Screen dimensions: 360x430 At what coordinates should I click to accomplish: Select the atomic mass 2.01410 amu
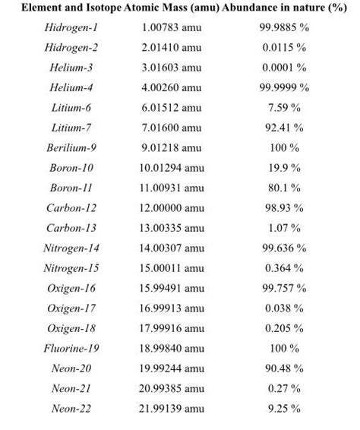[171, 47]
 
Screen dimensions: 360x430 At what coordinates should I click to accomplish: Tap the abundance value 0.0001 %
[285, 68]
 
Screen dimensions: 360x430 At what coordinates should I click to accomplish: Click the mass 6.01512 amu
[171, 108]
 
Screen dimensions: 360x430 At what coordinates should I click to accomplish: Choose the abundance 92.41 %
[285, 128]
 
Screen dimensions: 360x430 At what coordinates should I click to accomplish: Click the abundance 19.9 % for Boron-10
[285, 167]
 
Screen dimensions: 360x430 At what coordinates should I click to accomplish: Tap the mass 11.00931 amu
[171, 188]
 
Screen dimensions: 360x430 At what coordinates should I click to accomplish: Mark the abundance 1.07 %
[285, 228]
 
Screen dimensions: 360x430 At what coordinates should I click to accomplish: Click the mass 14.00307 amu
[171, 248]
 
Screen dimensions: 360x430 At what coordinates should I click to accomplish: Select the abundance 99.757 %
[285, 288]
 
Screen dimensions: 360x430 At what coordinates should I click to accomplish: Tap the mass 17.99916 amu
[171, 328]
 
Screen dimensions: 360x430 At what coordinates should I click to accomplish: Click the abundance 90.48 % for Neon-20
[285, 368]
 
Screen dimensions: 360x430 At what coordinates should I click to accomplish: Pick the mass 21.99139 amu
[171, 409]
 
